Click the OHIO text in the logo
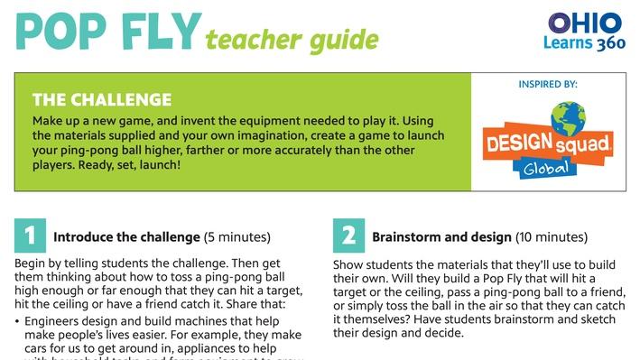[585, 22]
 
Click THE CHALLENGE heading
[101, 99]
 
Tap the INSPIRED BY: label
[548, 84]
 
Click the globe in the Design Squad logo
[570, 119]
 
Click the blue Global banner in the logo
[549, 168]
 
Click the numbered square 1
[31, 236]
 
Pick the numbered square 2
[349, 236]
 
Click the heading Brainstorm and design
[441, 237]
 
